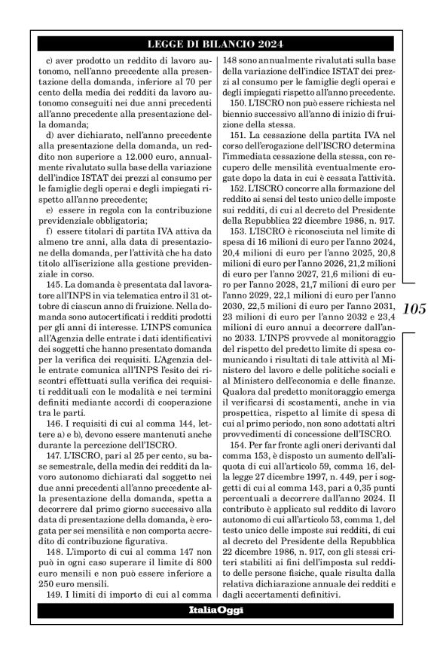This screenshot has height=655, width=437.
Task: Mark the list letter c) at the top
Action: (51, 59)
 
